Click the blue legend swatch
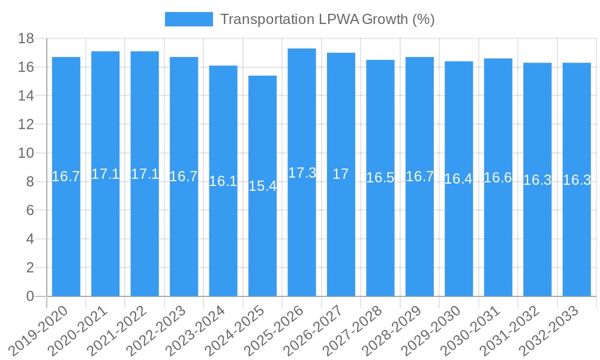coord(188,19)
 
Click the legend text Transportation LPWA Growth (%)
coord(327,19)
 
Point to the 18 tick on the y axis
coord(26,38)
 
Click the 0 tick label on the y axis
coord(30,296)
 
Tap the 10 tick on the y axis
coord(26,153)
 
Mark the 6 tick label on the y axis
coord(30,211)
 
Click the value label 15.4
coord(263,186)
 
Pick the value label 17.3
coord(302,173)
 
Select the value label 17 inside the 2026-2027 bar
coord(341,175)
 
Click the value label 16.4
coord(458,179)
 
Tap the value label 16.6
coord(498,178)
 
